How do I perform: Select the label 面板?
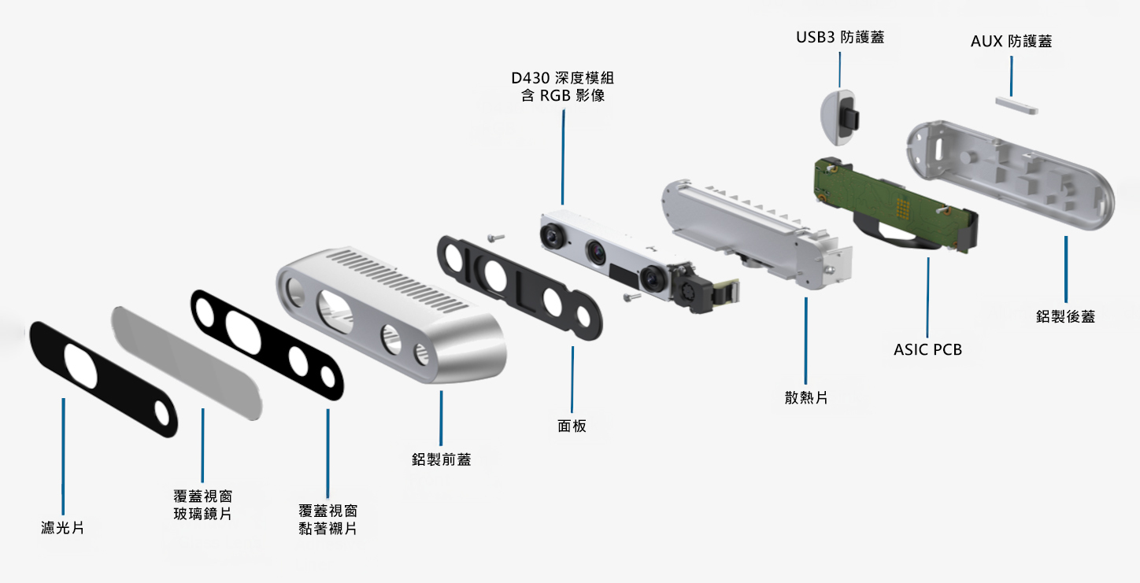pos(572,426)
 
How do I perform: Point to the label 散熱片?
pos(805,398)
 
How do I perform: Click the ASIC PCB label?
pos(927,349)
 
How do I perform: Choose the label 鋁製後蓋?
pos(1065,317)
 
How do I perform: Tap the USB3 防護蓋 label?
pos(839,37)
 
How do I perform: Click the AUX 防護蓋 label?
pos(1011,42)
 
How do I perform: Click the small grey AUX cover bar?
pos(1014,105)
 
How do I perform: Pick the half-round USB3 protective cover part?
pos(838,118)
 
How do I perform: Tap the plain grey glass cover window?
pos(186,362)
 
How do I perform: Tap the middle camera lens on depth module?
pos(596,252)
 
